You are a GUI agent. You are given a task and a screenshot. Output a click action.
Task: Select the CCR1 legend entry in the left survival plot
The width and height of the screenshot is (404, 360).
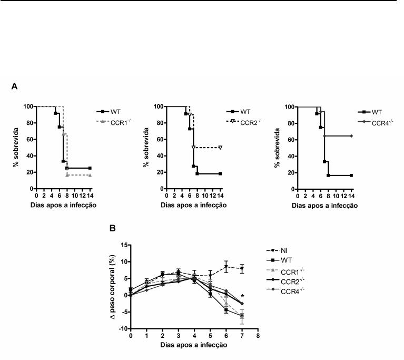(x=121, y=122)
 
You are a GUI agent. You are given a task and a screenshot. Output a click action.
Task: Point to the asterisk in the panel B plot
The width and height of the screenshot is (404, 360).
(x=242, y=296)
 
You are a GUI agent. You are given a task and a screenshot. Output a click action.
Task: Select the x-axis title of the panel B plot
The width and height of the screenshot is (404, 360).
(x=194, y=345)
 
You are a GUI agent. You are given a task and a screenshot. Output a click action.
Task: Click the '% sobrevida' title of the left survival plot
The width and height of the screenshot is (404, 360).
(x=16, y=148)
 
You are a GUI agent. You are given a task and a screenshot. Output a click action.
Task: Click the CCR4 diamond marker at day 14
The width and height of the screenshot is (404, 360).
(x=351, y=135)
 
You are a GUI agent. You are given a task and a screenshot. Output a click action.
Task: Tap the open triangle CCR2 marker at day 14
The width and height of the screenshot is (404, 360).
(x=220, y=147)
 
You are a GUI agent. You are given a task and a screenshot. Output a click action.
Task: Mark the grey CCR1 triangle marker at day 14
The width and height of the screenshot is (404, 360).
(x=90, y=174)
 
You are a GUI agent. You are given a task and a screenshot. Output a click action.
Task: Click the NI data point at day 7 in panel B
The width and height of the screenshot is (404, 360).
(x=241, y=269)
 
